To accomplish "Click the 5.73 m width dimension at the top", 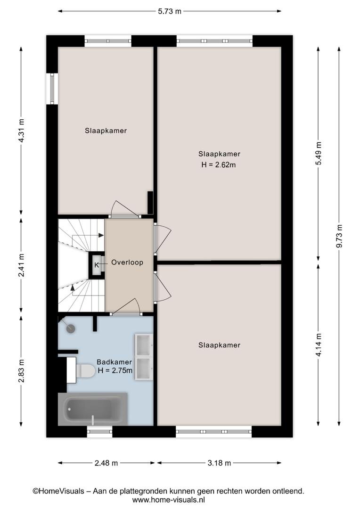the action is click(170, 11).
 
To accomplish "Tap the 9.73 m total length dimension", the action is click(339, 236).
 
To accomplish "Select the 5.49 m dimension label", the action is click(319, 153).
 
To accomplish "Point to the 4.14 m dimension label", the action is click(319, 345).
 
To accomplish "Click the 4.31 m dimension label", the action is click(21, 131).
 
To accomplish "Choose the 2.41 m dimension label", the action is click(21, 265).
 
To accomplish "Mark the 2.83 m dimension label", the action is click(21, 371).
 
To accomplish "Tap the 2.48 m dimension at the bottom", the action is click(106, 463).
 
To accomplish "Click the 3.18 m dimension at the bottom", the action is click(219, 463).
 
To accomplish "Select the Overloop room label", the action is click(127, 263).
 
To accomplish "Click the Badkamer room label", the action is click(114, 362).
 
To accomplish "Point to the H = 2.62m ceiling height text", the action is click(219, 164).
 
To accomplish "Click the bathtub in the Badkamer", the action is click(93, 409).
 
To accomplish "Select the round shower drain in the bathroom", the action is click(71, 328).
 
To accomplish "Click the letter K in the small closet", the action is click(97, 265).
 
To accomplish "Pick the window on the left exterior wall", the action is click(52, 89).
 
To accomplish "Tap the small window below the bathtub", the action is click(99, 431).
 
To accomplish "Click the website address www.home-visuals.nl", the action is click(169, 500).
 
